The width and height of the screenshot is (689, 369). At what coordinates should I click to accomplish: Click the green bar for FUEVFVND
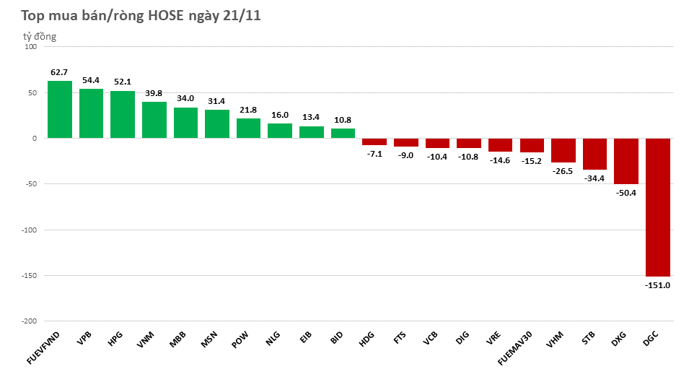tap(60, 109)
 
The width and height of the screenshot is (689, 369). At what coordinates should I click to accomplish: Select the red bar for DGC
tap(657, 207)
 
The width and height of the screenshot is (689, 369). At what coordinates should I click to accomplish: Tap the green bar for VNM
tap(154, 120)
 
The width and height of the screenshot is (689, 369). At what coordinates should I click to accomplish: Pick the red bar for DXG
tap(626, 161)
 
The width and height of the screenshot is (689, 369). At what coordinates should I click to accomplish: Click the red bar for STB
tap(594, 154)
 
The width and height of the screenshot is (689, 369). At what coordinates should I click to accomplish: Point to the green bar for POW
tap(249, 129)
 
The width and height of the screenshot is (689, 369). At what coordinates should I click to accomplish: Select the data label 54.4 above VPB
tap(91, 81)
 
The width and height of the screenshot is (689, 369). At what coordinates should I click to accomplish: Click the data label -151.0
tap(657, 285)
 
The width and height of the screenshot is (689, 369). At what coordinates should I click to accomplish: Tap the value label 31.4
tap(216, 101)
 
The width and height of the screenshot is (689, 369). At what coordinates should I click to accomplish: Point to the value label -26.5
tap(563, 172)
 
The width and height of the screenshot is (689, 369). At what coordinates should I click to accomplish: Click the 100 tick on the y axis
tap(30, 47)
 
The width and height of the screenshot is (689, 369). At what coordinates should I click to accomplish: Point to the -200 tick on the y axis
tap(29, 321)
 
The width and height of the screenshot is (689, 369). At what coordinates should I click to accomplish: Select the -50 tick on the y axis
tap(30, 184)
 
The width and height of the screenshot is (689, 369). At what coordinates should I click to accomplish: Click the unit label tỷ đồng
tap(39, 36)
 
